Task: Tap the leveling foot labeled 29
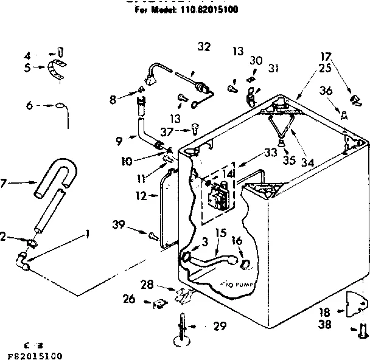[x=183, y=329]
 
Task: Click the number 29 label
[x=220, y=327]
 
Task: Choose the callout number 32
[x=204, y=46]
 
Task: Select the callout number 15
[x=220, y=233]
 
